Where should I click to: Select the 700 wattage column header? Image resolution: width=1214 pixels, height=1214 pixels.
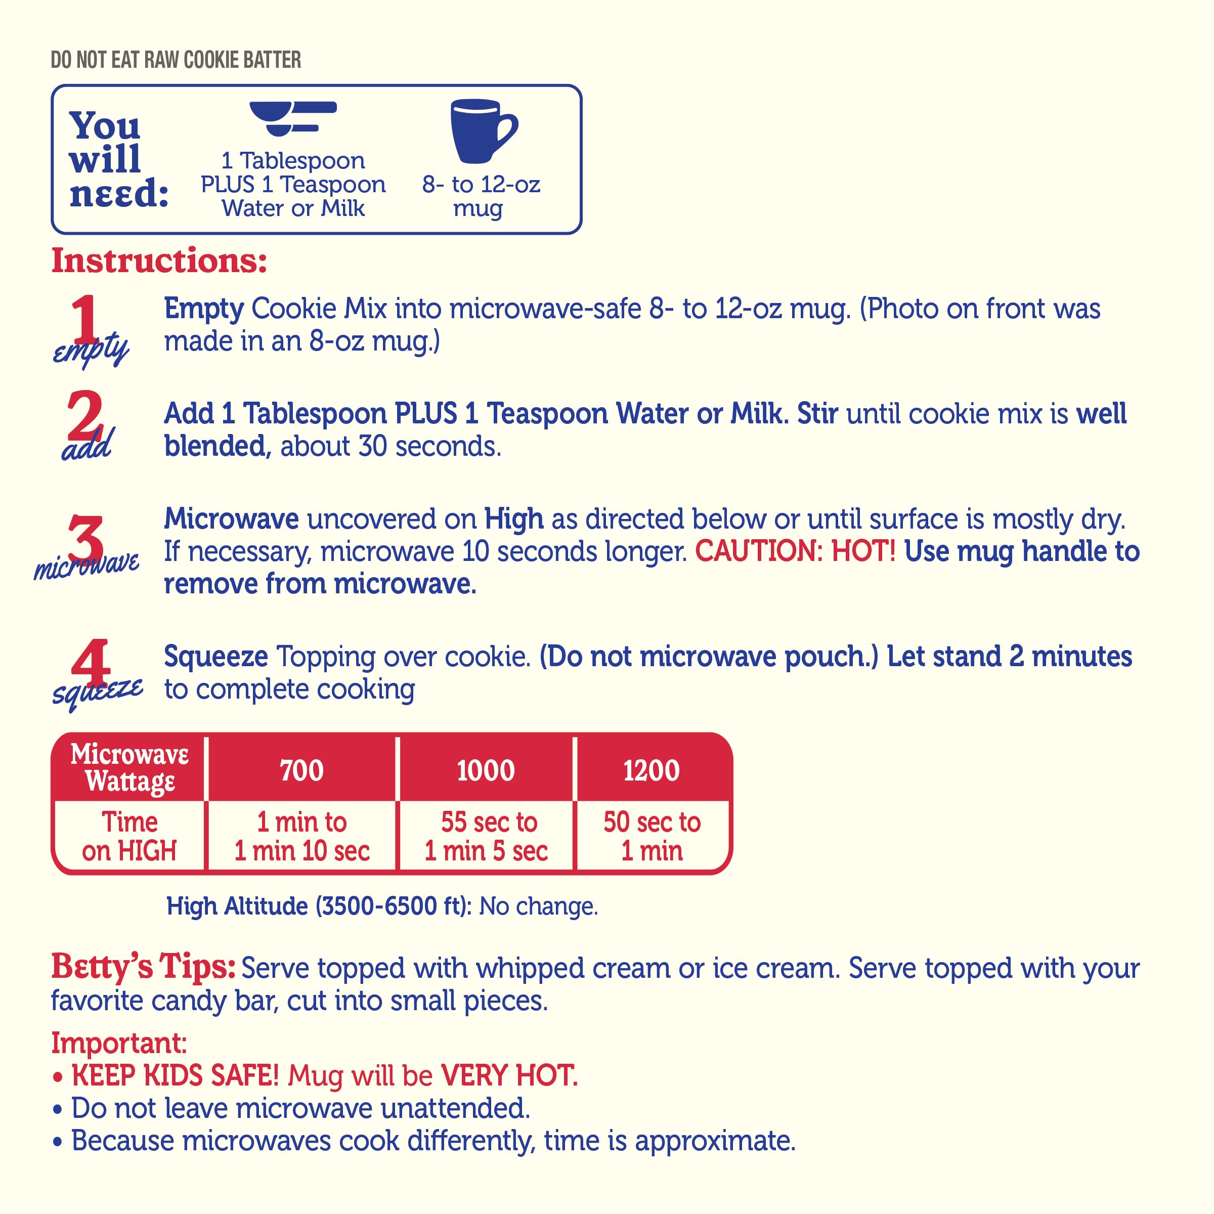coord(301,770)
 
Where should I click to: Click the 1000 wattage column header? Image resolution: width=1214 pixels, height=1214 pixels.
coord(486,770)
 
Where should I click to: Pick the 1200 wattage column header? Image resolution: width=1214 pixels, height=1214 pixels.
coord(651,770)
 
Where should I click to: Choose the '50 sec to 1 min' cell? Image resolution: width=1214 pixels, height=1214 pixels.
coord(652,836)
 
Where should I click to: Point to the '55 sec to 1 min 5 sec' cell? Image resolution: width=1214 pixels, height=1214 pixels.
coord(486,836)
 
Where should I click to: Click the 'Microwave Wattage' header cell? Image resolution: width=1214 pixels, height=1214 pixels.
coord(129,768)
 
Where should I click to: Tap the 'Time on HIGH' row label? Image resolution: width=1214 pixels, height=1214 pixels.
coord(129,836)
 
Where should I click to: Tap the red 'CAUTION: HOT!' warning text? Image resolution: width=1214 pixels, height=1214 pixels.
coord(795,551)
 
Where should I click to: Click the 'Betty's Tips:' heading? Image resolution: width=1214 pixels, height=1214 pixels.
coord(143,967)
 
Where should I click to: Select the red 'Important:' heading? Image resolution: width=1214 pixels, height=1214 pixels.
coord(119,1043)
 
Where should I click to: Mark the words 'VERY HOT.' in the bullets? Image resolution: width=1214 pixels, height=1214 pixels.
coord(509,1076)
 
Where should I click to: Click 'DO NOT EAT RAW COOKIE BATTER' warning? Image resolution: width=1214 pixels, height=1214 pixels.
coord(176,60)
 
